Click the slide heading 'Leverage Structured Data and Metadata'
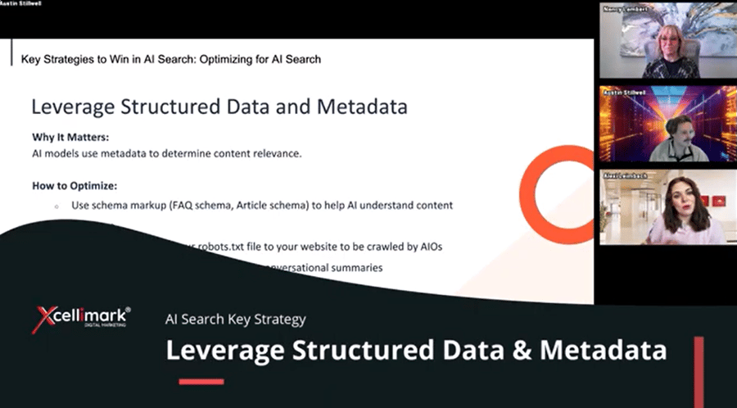pyautogui.click(x=219, y=107)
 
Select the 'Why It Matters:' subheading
pyautogui.click(x=70, y=137)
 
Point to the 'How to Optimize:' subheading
pyautogui.click(x=75, y=186)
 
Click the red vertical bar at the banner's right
pyautogui.click(x=699, y=360)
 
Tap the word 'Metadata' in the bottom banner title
pyautogui.click(x=601, y=350)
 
